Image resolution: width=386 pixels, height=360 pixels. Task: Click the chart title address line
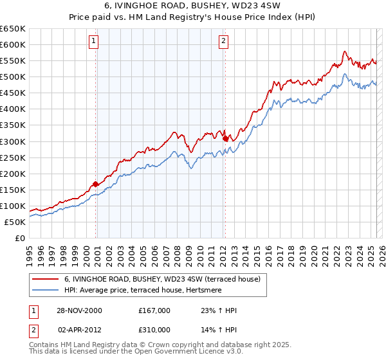[193, 6]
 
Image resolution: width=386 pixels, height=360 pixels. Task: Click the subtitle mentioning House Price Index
[193, 17]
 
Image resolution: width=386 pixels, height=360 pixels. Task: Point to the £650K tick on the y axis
[13, 29]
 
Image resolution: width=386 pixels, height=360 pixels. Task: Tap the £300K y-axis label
[13, 141]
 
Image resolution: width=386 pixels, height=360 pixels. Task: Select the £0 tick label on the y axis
[19, 238]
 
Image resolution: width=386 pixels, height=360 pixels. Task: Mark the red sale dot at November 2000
[96, 184]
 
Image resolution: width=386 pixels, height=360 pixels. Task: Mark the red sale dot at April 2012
[225, 138]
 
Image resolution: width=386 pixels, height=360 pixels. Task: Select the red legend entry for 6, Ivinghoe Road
[162, 280]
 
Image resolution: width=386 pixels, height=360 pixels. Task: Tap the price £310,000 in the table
[154, 328]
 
